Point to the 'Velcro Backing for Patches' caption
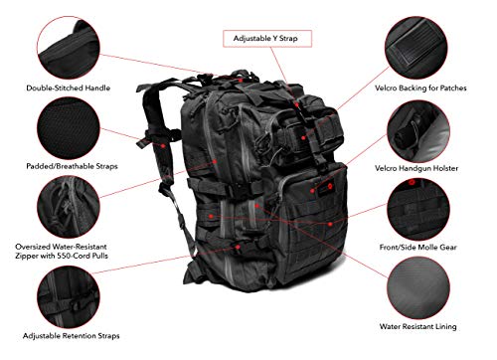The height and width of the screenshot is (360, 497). click(x=430, y=88)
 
